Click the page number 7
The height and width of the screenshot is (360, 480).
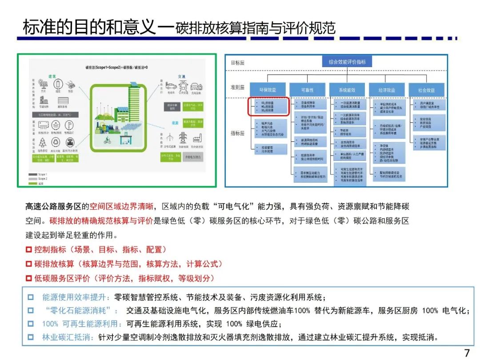click(x=467, y=353)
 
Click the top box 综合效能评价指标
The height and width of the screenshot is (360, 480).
click(x=347, y=62)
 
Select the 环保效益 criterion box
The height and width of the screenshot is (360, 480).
click(x=268, y=90)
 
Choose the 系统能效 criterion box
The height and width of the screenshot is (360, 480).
click(x=347, y=90)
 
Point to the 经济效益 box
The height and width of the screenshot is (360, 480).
click(x=387, y=90)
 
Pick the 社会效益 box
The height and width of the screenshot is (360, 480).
click(x=426, y=90)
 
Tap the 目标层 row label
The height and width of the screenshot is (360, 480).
click(x=237, y=63)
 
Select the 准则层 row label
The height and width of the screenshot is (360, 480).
click(x=237, y=88)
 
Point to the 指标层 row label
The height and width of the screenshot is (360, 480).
click(x=237, y=133)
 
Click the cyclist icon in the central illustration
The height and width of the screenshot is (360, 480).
click(x=107, y=141)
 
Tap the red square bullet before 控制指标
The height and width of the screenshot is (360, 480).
click(x=28, y=250)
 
